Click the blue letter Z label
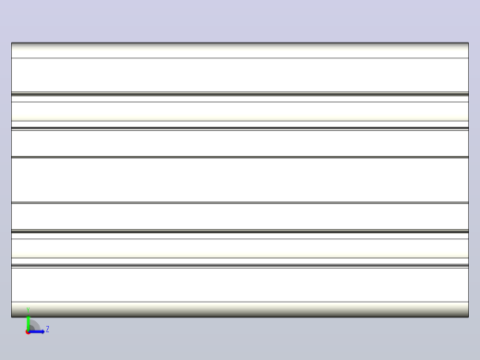pos(47,330)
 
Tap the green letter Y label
pos(28,309)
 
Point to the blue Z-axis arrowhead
pos(42,331)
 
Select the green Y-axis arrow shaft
pos(28,324)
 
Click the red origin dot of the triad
pos(28,332)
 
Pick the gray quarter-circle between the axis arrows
pos(34,326)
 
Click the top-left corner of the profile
pos(11,42)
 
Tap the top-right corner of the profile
pos(469,42)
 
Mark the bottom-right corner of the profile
pos(469,317)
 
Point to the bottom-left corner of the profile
pos(11,317)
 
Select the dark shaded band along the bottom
pos(240,309)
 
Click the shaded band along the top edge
pos(240,50)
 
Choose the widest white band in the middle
pos(240,180)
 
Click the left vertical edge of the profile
pos(11,180)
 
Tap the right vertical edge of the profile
pos(469,180)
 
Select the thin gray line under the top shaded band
pos(240,58)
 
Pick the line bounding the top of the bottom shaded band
pos(240,302)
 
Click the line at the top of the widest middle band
pos(240,157)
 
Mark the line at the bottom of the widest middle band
pos(240,203)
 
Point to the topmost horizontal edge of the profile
pos(240,42)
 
